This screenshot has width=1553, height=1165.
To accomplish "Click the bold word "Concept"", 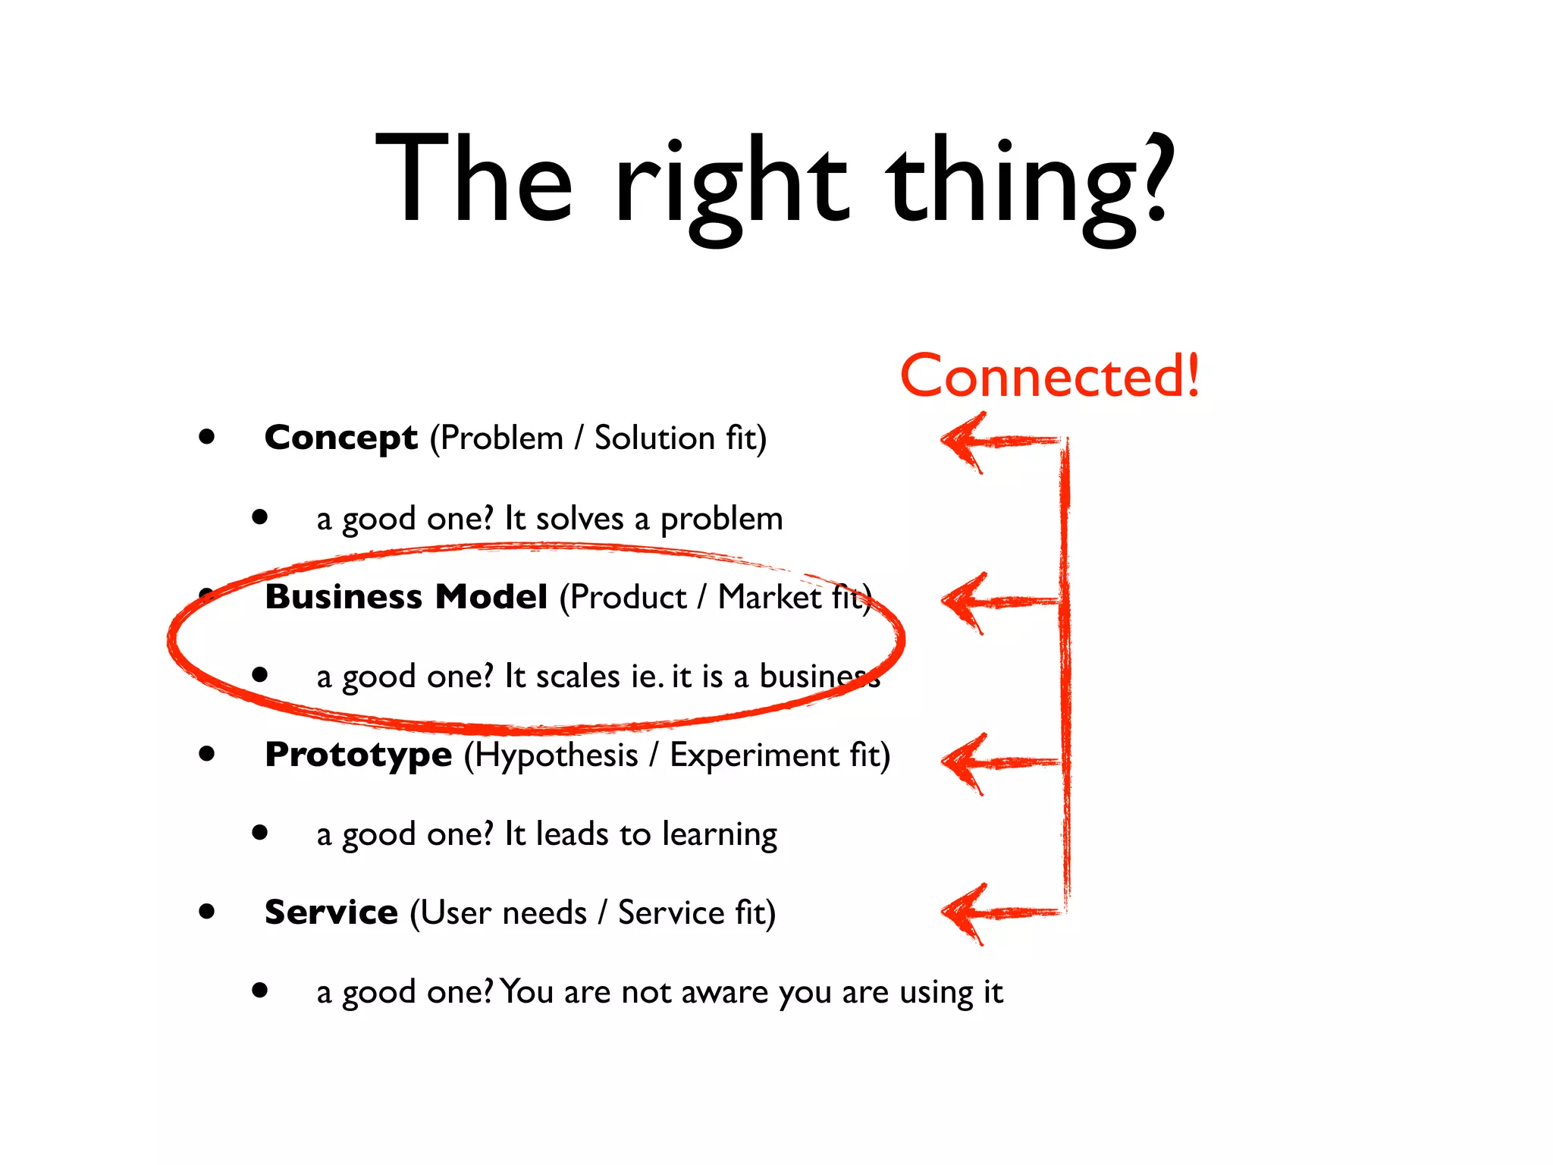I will coord(340,438).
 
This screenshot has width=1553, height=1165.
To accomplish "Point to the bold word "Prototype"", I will coord(358,755).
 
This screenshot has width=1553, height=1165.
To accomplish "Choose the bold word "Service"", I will coord(331,912).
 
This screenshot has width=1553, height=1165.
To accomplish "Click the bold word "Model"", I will coord(491,597).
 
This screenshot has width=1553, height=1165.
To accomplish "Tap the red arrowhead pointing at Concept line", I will coord(962,441).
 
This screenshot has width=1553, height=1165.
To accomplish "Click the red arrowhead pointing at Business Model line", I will coord(962,601).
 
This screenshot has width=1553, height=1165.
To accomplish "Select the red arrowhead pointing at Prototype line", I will coord(962,762).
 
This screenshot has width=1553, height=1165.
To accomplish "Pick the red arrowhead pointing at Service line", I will coord(962,912).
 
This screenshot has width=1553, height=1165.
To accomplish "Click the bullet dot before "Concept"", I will coord(206,437).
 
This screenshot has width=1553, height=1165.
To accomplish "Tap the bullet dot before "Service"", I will coord(206,911).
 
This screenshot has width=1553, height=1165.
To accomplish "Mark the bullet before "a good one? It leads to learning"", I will coord(260,832).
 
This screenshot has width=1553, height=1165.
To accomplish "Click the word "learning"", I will coord(719,835).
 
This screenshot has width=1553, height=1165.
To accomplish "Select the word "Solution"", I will coord(654,438).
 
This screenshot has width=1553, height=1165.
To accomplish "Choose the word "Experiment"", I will coord(754,755).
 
